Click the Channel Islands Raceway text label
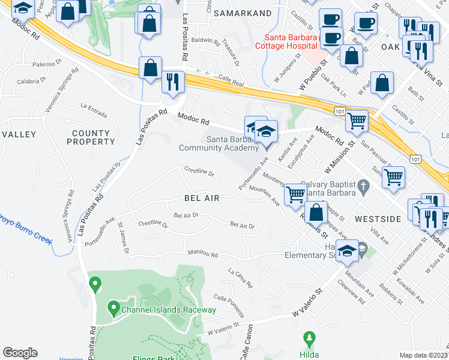point(168,310)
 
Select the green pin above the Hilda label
point(309,339)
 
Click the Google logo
point(20,353)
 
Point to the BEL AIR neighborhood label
point(202,197)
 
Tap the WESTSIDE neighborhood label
point(378,219)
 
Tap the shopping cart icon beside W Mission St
point(357,121)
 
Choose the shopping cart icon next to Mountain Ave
point(295,194)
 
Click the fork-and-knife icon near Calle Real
point(173,82)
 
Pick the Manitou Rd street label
point(202,254)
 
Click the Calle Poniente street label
point(229,305)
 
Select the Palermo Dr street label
point(52,64)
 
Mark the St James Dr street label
point(123,238)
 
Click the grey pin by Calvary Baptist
point(363,188)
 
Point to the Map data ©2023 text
point(424,355)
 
